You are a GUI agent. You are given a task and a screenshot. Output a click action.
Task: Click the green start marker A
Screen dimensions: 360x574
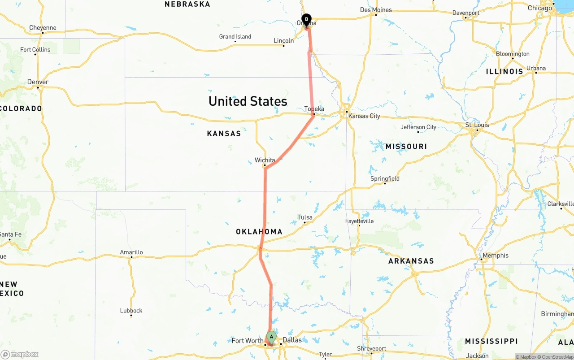tap(271, 337)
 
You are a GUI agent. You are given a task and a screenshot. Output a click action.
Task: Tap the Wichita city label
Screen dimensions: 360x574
tap(265, 160)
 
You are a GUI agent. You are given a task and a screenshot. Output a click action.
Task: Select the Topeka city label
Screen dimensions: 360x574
tap(314, 109)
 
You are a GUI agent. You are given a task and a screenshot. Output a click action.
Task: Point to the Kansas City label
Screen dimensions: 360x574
tap(364, 116)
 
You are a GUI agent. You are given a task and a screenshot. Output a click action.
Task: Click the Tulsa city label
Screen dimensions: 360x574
tap(305, 217)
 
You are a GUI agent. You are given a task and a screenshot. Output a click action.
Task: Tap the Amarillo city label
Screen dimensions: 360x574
tap(131, 252)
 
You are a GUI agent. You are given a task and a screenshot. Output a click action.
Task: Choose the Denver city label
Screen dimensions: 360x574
tap(38, 82)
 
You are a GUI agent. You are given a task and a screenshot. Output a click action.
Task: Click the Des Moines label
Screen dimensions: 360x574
tap(376, 10)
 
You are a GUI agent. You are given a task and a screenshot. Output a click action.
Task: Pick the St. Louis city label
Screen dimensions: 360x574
tap(477, 125)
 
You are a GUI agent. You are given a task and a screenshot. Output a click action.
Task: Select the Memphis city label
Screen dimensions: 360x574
tap(495, 256)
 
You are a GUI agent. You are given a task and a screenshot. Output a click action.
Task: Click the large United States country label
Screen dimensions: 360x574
tap(248, 101)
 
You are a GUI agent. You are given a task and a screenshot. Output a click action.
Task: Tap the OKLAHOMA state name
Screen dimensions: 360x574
tap(259, 232)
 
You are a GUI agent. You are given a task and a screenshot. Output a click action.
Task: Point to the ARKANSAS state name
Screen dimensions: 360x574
tap(411, 261)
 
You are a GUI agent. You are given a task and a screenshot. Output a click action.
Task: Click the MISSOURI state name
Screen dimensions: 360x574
tap(406, 147)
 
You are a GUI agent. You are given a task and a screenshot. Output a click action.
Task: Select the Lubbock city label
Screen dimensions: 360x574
tap(131, 311)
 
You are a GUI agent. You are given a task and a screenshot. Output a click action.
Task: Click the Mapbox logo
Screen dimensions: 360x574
tap(20, 355)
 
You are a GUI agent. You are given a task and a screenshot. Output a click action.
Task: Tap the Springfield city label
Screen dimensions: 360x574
tap(385, 179)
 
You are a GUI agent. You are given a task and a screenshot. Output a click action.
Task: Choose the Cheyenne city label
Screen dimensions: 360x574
tap(43, 28)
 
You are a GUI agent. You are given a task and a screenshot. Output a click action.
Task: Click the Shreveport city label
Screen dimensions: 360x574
tap(371, 349)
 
